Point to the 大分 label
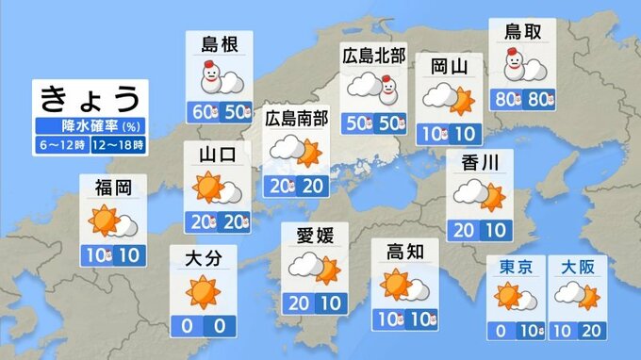[201, 257]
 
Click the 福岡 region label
[113, 187]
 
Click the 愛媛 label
[314, 234]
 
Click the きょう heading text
[92, 97]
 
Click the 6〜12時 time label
[63, 145]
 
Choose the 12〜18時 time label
[122, 145]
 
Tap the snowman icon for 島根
[207, 77]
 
